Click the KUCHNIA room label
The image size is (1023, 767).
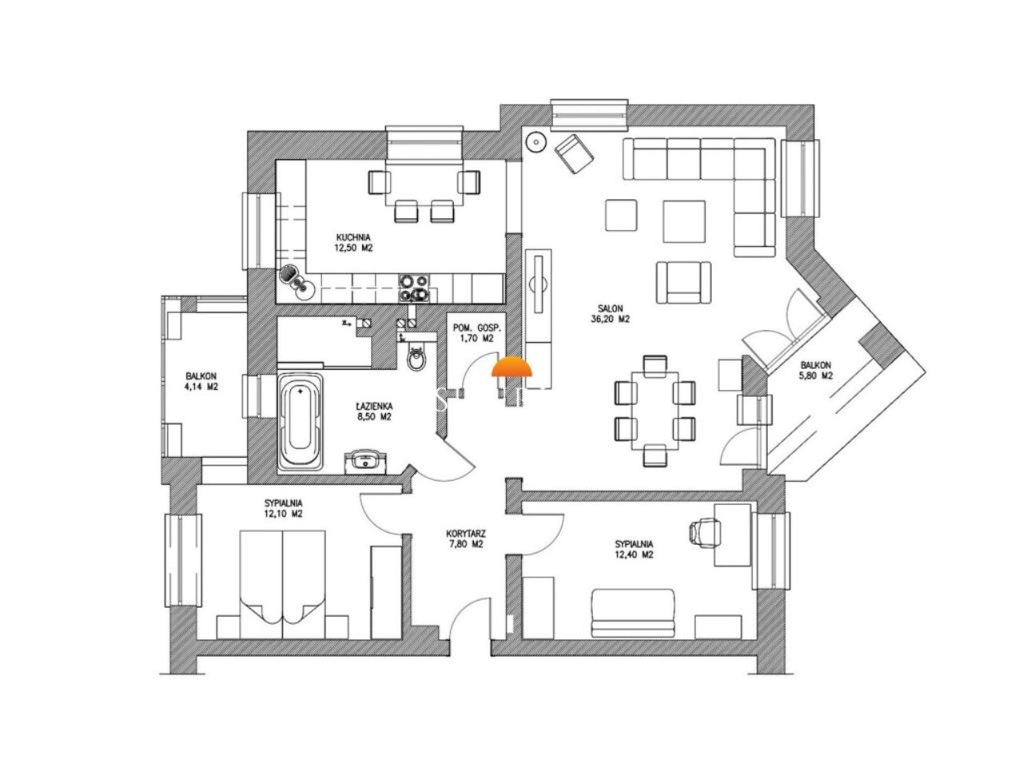pos(352,237)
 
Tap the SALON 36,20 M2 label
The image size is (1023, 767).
pos(610,313)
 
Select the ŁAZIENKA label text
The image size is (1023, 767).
pos(374,406)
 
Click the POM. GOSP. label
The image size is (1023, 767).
pos(472,328)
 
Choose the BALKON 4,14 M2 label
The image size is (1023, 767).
pos(201,381)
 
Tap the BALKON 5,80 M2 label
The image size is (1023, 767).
pos(816,370)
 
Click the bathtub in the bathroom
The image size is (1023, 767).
pos(301,423)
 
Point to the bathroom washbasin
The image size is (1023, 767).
pos(365,462)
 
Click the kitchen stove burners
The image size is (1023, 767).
pos(413,288)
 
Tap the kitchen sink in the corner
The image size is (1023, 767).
pos(297,283)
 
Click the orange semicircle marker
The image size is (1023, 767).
pos(511,367)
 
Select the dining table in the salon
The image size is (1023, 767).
pos(655,410)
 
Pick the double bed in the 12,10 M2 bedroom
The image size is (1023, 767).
pos(282,584)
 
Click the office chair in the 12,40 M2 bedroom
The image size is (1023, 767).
pos(704,531)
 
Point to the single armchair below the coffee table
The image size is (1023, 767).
pos(683,283)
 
